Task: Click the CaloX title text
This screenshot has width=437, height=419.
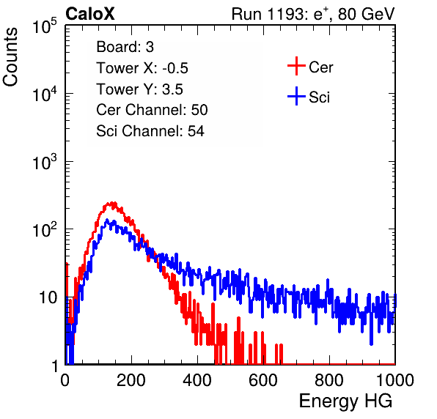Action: pyautogui.click(x=89, y=14)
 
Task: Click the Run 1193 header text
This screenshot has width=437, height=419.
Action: pyautogui.click(x=313, y=14)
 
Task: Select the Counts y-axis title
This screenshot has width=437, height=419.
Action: pyautogui.click(x=10, y=57)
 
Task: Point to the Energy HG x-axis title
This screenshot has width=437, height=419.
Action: pyautogui.click(x=345, y=401)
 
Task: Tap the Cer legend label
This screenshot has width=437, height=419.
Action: pyautogui.click(x=320, y=67)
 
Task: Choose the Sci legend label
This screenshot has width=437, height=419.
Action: pyautogui.click(x=320, y=97)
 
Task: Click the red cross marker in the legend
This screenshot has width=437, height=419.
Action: pyautogui.click(x=296, y=66)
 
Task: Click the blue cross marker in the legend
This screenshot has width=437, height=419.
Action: pyautogui.click(x=296, y=96)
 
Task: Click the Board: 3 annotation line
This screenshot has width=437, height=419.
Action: pyautogui.click(x=125, y=47)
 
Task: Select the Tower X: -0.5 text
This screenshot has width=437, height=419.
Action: pyautogui.click(x=142, y=68)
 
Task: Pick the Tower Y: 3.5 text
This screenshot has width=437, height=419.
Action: pyautogui.click(x=139, y=89)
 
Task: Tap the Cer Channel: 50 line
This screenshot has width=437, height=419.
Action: pyautogui.click(x=152, y=110)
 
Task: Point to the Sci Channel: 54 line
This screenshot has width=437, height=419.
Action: pyautogui.click(x=150, y=131)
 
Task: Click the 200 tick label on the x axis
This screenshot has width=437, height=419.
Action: pyautogui.click(x=131, y=380)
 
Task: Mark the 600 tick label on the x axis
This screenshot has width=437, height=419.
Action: pyautogui.click(x=263, y=380)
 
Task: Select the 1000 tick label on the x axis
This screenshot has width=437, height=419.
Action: pyautogui.click(x=395, y=380)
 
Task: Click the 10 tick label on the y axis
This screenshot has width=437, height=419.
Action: pyautogui.click(x=48, y=297)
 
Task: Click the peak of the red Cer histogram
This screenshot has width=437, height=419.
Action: pyautogui.click(x=112, y=203)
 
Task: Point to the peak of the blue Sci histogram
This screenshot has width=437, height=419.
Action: pyautogui.click(x=107, y=220)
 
